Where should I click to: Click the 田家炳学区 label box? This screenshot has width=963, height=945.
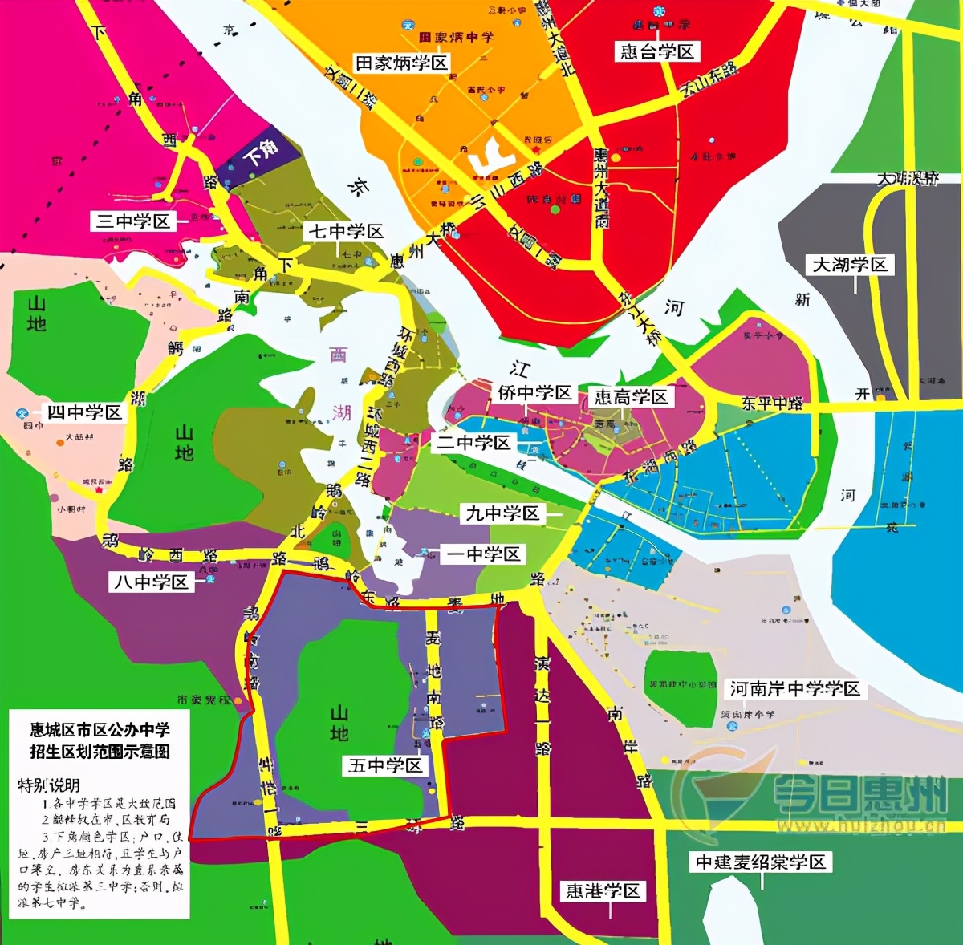point(402,63)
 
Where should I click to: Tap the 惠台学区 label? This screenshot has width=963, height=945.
point(657,51)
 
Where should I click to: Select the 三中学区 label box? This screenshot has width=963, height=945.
point(133,221)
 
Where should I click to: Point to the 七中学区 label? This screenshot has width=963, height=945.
point(347,231)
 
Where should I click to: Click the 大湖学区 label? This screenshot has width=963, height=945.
point(850,265)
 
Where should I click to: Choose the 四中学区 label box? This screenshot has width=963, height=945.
point(84,412)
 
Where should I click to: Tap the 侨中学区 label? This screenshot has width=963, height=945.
point(534,392)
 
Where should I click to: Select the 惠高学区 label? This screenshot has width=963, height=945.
point(631,397)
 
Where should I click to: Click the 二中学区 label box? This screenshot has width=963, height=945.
point(473,443)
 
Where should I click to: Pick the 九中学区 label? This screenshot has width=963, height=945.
point(503,513)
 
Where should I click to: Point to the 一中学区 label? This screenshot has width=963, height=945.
point(484,554)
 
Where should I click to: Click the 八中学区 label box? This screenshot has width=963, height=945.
point(152,582)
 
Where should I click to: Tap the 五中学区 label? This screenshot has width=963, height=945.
point(385,765)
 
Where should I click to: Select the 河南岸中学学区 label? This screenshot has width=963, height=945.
point(794,688)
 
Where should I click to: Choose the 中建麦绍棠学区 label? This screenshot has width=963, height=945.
point(761,862)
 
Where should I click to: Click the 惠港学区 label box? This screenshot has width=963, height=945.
point(603,890)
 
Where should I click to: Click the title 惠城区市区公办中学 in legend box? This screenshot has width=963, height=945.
point(100,729)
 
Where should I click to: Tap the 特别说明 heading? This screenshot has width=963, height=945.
point(49,785)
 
